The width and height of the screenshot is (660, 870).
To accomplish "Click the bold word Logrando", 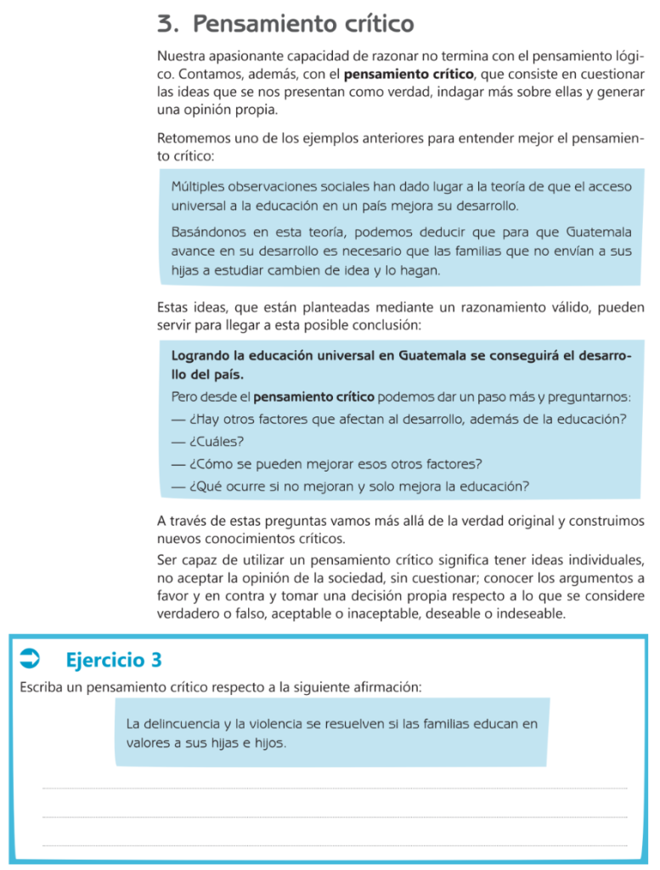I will click(204, 356).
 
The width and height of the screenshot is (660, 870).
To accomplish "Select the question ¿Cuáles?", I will click(217, 441).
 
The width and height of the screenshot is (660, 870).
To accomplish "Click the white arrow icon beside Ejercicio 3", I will click(30, 657).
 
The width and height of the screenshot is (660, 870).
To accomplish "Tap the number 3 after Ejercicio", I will click(155, 659).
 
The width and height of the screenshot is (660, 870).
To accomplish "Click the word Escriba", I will click(42, 686).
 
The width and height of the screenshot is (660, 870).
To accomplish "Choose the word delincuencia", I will click(181, 724).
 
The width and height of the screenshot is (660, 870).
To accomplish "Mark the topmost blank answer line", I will click(335, 788).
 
